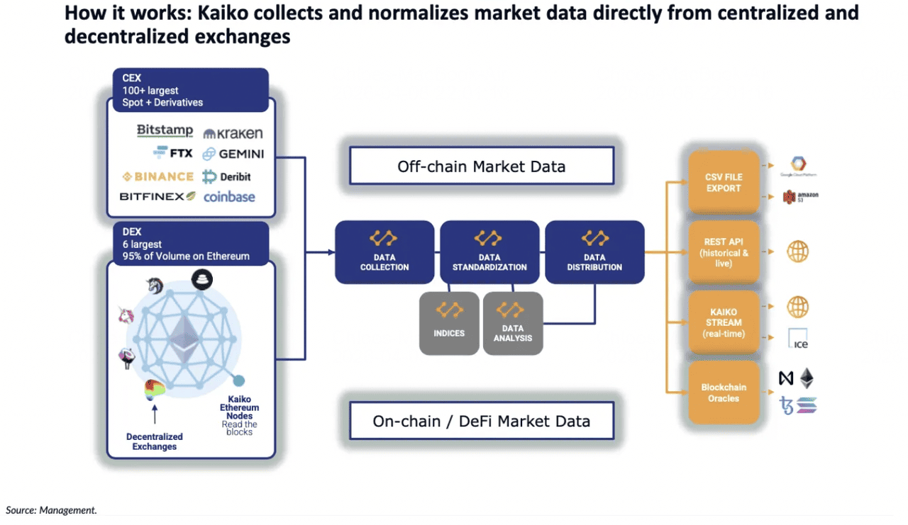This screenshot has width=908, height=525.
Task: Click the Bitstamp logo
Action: (x=165, y=130)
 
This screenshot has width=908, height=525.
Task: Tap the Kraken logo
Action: (x=233, y=133)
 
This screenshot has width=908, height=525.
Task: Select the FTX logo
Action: (x=172, y=153)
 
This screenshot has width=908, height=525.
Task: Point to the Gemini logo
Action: (x=233, y=154)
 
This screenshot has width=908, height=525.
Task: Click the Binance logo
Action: (x=157, y=176)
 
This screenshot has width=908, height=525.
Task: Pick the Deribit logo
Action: (x=226, y=176)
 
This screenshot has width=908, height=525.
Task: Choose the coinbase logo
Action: (x=229, y=197)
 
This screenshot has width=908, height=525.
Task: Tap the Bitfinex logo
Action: (x=157, y=196)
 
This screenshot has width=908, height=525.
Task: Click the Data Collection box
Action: (x=384, y=252)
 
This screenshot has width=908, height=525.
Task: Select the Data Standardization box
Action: (x=489, y=252)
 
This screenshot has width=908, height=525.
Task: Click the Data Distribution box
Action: (x=594, y=252)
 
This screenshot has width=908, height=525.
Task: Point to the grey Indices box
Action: (x=449, y=323)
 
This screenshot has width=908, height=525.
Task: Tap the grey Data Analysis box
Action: (x=512, y=323)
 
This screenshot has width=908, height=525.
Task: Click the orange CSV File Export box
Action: (x=724, y=181)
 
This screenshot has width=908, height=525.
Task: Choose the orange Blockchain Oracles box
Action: (x=724, y=393)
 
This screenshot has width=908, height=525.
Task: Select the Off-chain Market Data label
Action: (x=482, y=166)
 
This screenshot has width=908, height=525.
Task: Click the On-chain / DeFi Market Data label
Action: (x=482, y=421)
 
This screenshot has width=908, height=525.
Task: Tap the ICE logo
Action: (x=798, y=339)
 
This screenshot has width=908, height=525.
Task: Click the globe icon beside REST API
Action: (x=797, y=252)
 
